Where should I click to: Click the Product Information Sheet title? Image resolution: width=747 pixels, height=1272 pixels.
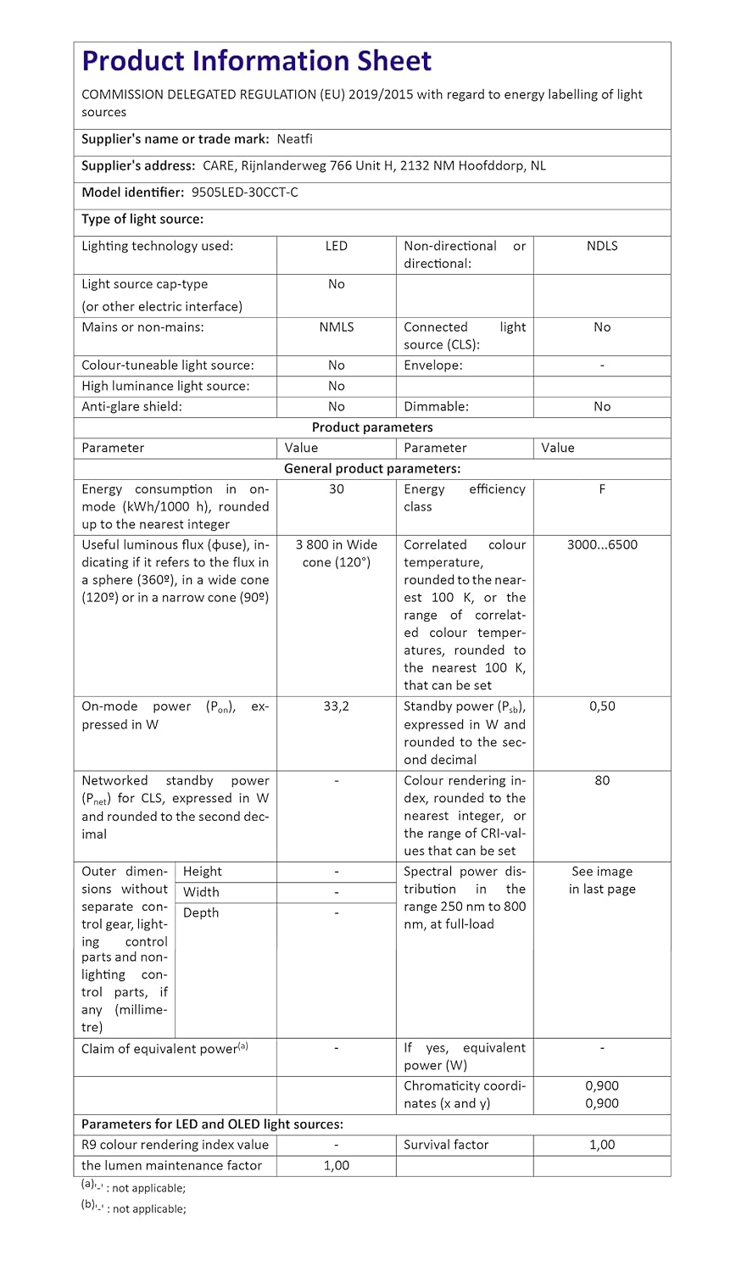[x=256, y=61]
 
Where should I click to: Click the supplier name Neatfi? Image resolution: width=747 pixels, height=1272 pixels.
[x=294, y=139]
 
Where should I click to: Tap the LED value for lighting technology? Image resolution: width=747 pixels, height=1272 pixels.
[x=337, y=246]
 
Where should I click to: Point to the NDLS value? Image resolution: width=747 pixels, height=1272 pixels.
[x=602, y=246]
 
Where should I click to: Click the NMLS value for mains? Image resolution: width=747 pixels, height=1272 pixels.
[x=337, y=327]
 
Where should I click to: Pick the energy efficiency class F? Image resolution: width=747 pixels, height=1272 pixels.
[x=602, y=489]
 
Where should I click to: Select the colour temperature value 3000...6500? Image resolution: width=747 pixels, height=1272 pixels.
[x=602, y=545]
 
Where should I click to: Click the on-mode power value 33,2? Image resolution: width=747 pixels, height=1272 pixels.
[x=337, y=706]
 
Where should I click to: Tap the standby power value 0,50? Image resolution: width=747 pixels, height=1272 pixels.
[x=602, y=706]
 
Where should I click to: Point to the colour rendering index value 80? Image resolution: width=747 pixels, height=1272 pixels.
[x=602, y=781]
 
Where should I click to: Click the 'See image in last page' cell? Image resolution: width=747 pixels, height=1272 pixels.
[x=602, y=880]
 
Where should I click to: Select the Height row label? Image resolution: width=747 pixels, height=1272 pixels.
[x=203, y=872]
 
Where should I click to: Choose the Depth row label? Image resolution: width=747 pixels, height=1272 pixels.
[x=201, y=913]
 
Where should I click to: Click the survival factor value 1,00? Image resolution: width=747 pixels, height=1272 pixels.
[x=602, y=1145]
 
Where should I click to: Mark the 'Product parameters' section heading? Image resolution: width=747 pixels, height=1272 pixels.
[x=372, y=427]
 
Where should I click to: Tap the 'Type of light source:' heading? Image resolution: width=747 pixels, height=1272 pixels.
[x=142, y=220]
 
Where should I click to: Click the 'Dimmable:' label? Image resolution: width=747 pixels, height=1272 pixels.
[x=436, y=407]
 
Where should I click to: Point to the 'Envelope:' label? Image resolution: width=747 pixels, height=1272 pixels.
[x=433, y=365]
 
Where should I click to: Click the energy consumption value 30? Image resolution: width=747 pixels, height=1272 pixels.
[x=337, y=489]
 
